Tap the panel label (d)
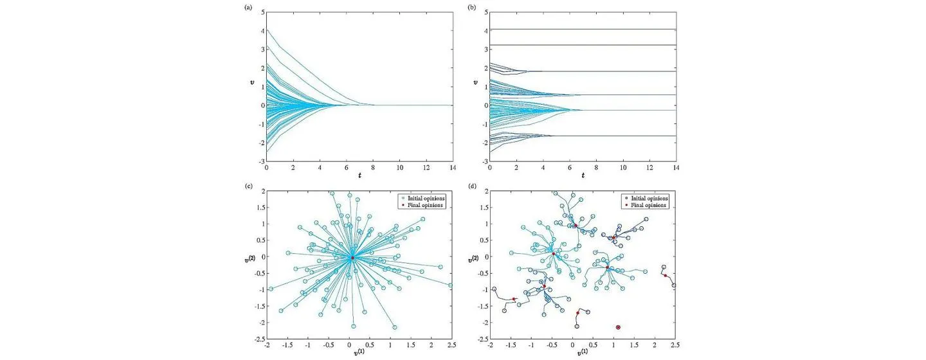point(473,186)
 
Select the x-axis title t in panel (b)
point(583,175)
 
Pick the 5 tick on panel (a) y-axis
point(261,12)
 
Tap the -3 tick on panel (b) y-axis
point(484,161)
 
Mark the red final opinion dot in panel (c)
point(352,258)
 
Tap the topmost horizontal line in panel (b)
point(583,29)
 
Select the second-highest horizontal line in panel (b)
point(583,45)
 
